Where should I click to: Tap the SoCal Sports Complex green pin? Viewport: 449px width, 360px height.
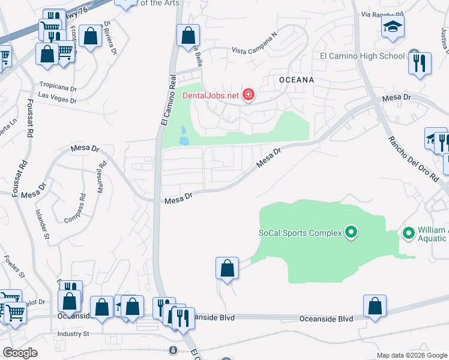[x=351, y=232]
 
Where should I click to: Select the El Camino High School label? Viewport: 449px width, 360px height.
[x=362, y=56]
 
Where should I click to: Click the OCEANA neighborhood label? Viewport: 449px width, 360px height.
[x=297, y=79]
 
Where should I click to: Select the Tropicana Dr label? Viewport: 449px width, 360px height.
[x=58, y=86]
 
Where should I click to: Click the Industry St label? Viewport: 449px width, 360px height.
[x=73, y=334]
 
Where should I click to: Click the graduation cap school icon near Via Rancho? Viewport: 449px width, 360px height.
[x=393, y=26]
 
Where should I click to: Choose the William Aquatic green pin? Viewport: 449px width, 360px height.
[x=409, y=232]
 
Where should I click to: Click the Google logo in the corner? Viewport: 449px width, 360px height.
[x=20, y=353]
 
